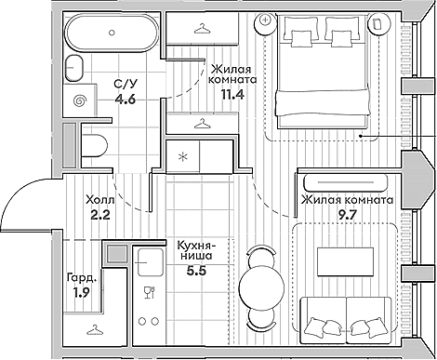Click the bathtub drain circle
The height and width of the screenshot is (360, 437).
[x=113, y=33]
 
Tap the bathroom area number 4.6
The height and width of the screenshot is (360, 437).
[x=126, y=100]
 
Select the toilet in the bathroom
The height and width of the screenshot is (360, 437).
[x=94, y=145]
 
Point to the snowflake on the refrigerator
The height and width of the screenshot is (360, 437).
[x=182, y=156]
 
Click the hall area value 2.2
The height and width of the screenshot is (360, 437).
[x=100, y=215]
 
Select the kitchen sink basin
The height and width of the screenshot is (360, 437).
[x=150, y=262]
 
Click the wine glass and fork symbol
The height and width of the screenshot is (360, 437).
[x=150, y=292]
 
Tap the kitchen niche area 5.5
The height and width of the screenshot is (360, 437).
[x=196, y=272]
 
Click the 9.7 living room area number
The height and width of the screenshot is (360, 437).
[x=348, y=214]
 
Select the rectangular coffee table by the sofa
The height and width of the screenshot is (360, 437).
[x=345, y=261]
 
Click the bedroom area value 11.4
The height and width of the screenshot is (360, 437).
[x=232, y=94]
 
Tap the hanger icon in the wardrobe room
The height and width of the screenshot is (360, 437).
[x=95, y=329]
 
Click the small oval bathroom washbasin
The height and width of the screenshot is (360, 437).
[x=74, y=68]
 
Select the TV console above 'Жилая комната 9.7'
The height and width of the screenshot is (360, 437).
[x=345, y=182]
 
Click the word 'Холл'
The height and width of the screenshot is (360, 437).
[x=100, y=199]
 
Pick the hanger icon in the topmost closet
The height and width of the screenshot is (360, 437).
[x=202, y=29]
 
